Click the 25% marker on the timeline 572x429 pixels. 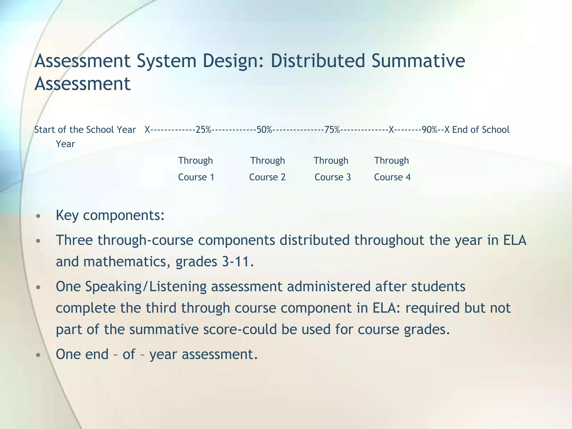(203, 130)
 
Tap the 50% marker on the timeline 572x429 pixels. (264, 130)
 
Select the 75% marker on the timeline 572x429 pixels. (332, 130)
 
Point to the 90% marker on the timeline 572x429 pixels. (430, 130)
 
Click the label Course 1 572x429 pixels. (196, 177)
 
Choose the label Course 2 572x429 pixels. (267, 177)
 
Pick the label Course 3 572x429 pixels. (332, 177)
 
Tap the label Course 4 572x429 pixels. (392, 177)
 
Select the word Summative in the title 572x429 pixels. (418, 61)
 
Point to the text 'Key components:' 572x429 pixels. (110, 215)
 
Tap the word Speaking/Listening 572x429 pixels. (146, 287)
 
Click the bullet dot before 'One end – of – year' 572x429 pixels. (39, 355)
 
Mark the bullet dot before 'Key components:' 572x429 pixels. (39, 216)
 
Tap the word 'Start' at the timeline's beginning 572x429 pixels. (45, 130)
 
